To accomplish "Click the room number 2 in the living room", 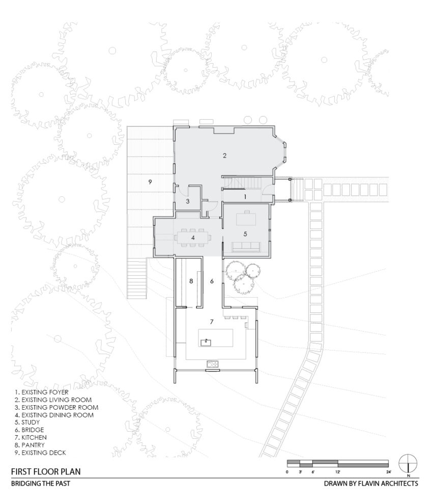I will tap(224, 155).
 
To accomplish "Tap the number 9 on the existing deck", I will tap(150, 181).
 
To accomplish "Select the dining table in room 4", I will tap(193, 237).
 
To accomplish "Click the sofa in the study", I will tap(246, 248).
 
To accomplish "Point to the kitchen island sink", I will tap(206, 341).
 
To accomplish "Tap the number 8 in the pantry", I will tap(191, 281).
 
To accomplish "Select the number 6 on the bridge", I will tap(212, 281).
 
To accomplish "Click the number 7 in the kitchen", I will tap(212, 322).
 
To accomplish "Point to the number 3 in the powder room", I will tap(187, 202).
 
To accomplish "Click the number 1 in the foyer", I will tap(244, 196).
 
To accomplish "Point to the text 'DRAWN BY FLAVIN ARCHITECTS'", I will tap(371, 483).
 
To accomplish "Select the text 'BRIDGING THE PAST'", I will tap(40, 483).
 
